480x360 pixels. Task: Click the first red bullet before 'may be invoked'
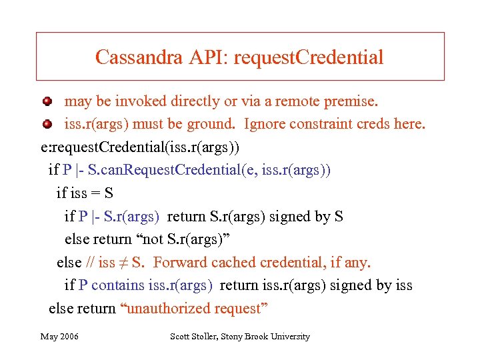(47, 102)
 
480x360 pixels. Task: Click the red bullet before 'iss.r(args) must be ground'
(47, 124)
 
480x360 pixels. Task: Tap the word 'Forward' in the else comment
(177, 263)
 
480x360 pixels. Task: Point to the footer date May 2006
(59, 337)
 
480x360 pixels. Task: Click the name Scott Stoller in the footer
(195, 337)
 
